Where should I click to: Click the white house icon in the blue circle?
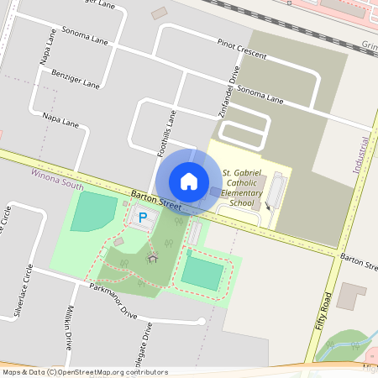click(x=189, y=181)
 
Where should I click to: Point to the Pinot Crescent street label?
click(x=242, y=48)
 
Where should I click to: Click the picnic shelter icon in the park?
click(x=153, y=257)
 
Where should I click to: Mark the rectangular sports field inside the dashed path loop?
click(x=202, y=273)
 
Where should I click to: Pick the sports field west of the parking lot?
click(x=93, y=211)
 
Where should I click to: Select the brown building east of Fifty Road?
click(x=352, y=297)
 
